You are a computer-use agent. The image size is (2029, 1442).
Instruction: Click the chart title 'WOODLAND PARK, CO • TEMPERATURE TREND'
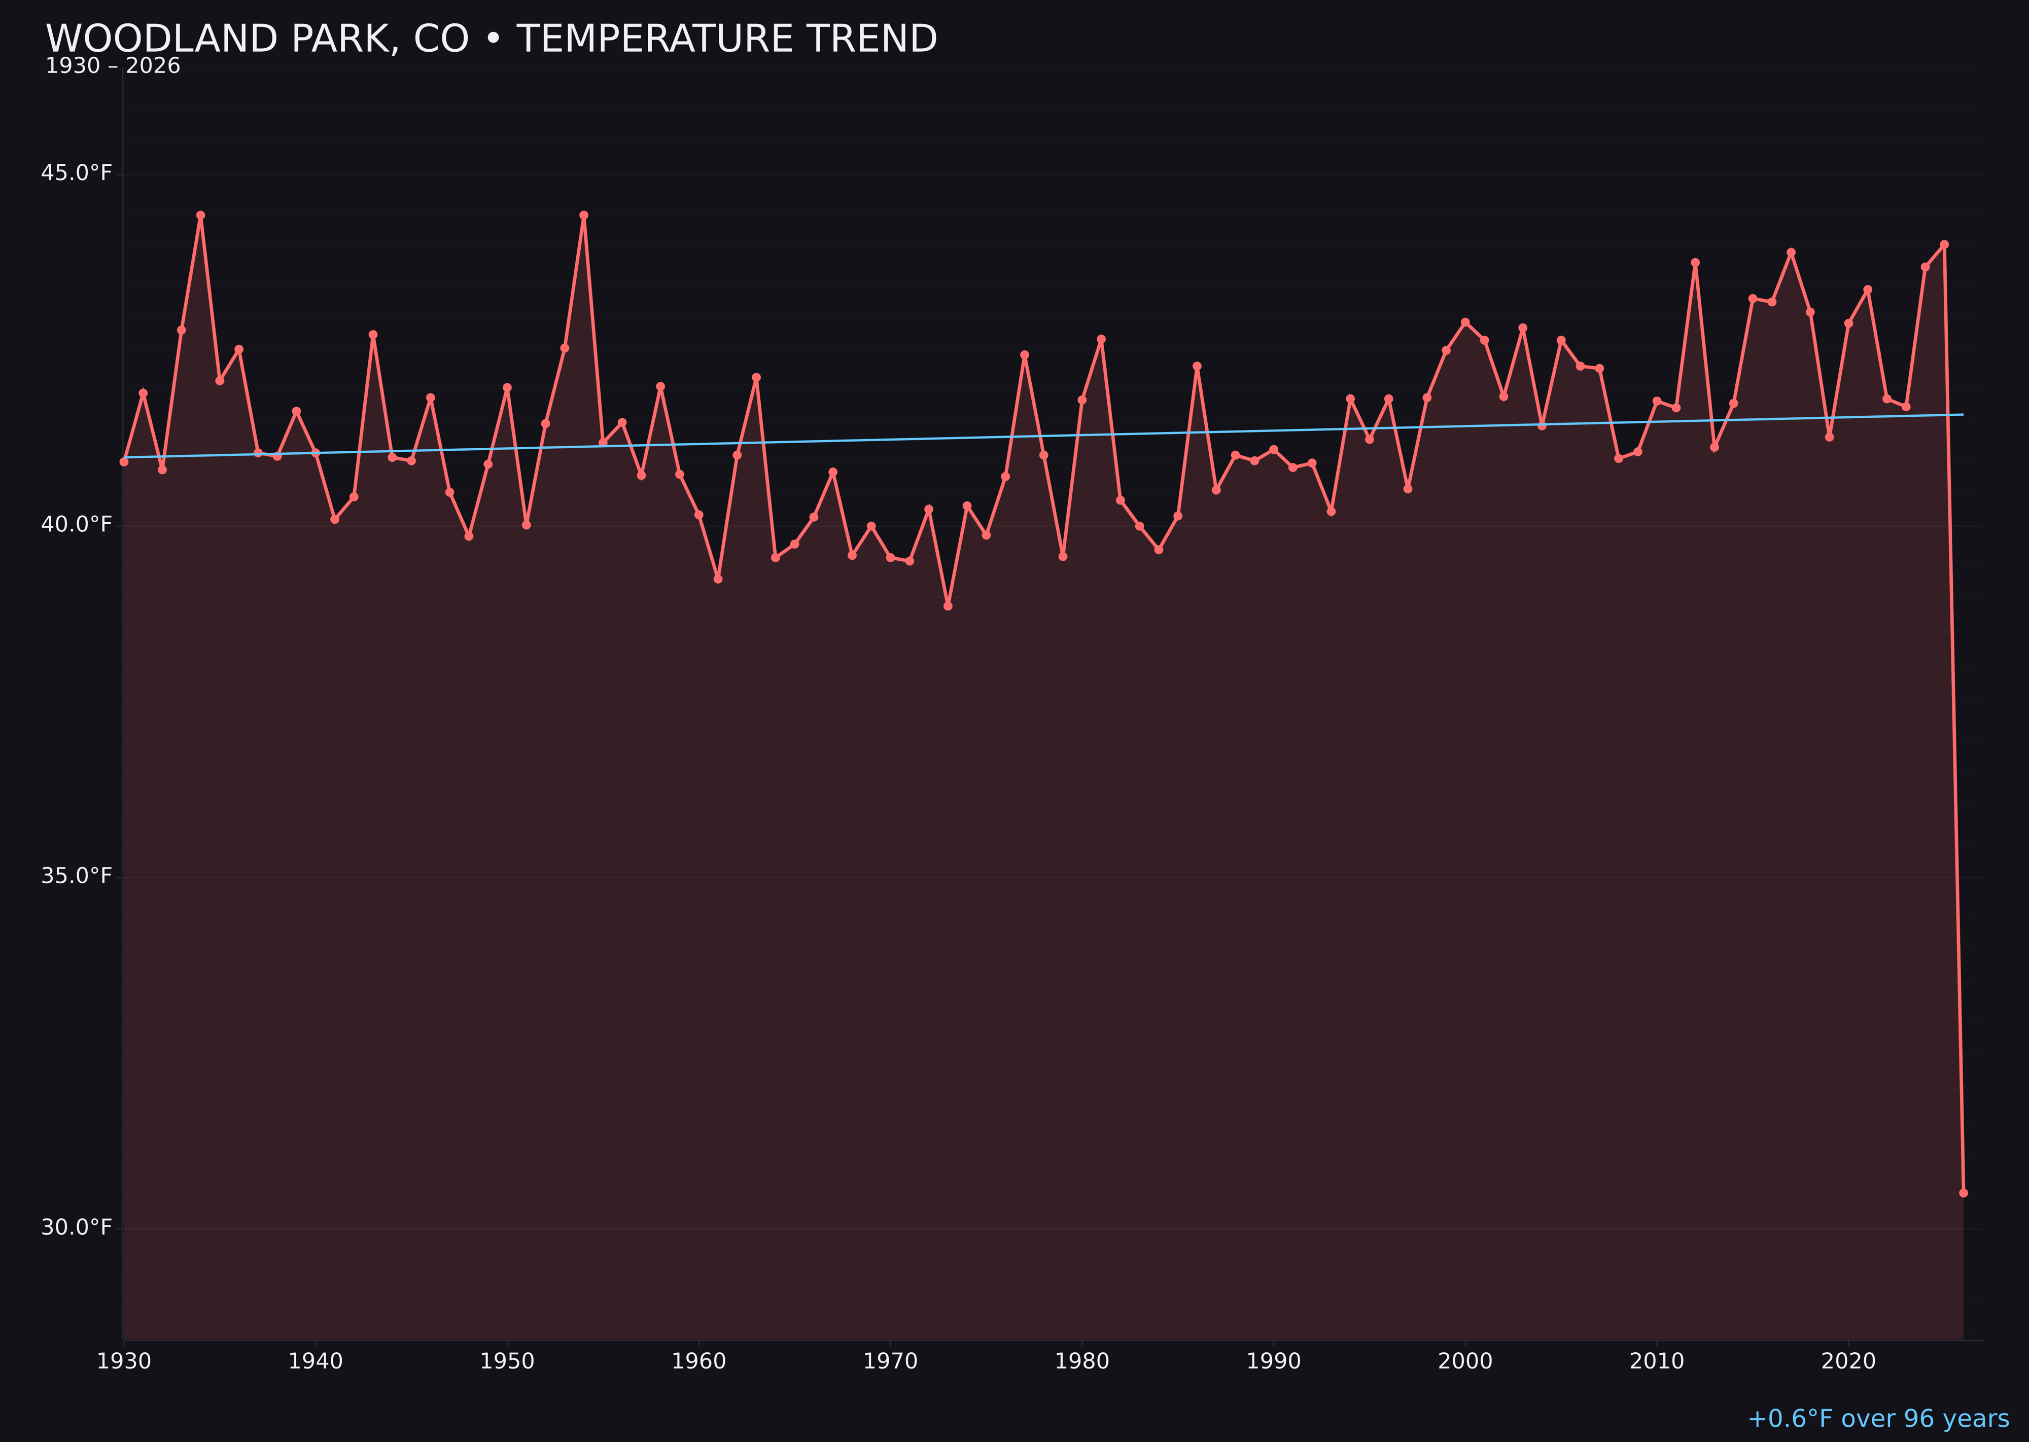pos(491,39)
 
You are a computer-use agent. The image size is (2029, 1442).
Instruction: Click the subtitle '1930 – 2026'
pos(113,66)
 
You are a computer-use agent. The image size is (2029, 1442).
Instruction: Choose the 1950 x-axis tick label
pos(507,1361)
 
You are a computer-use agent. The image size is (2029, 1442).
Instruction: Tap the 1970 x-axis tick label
pos(890,1361)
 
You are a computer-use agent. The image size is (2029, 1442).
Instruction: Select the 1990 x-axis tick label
pos(1273,1361)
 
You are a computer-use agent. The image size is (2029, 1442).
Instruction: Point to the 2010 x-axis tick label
pos(1657,1361)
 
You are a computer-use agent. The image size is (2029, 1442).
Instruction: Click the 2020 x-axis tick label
pos(1848,1361)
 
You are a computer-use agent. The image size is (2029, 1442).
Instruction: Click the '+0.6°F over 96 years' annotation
pos(1878,1419)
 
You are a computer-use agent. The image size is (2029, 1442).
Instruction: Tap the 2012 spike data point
pos(1695,263)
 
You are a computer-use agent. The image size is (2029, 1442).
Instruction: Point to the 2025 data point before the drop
pos(1945,244)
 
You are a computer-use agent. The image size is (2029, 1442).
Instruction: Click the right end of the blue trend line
pos(1963,415)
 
